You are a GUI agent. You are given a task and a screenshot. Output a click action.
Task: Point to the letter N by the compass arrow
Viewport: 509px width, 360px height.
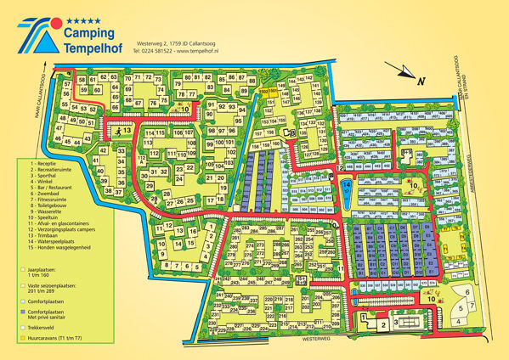click(x=421, y=78)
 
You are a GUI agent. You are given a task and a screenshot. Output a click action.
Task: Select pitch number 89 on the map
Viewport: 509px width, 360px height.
click(x=244, y=91)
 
